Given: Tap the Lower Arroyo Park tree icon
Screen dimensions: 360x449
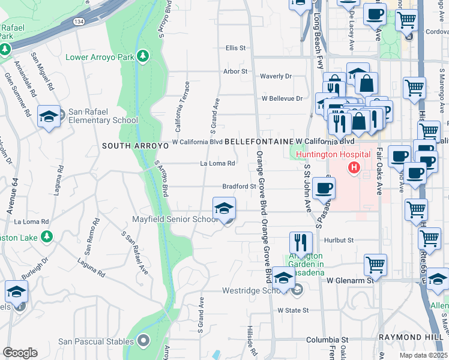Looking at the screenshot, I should (143, 56).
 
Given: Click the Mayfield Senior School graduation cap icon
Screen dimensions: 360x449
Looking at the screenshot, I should (224, 208).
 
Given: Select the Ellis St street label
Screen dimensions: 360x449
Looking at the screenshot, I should (236, 47).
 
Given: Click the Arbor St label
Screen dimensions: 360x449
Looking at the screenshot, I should (235, 71).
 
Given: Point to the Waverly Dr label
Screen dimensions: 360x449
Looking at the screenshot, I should (276, 76).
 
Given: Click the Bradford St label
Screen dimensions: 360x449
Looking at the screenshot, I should (240, 187).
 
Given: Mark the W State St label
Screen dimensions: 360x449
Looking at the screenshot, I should (293, 310).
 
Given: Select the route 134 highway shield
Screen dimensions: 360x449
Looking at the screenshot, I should (79, 22).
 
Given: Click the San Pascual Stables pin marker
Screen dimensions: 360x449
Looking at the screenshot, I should (143, 341).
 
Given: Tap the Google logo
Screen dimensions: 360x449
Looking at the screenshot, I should (20, 353).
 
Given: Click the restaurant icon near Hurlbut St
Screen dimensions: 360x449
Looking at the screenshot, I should (301, 243).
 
